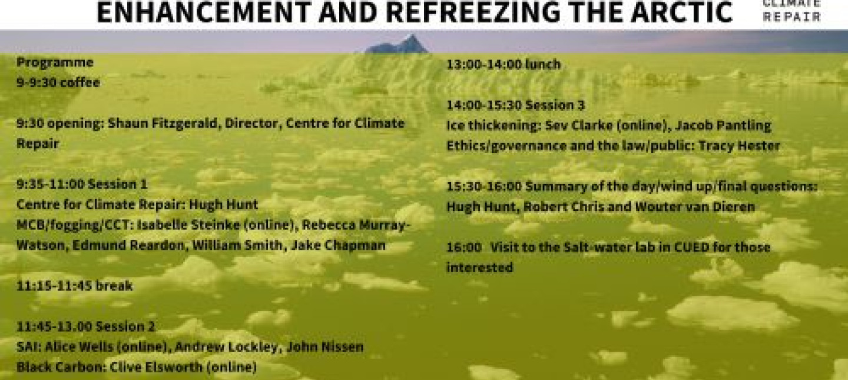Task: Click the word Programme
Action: click(x=55, y=62)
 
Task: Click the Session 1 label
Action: click(x=118, y=184)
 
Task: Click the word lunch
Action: click(x=543, y=65)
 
